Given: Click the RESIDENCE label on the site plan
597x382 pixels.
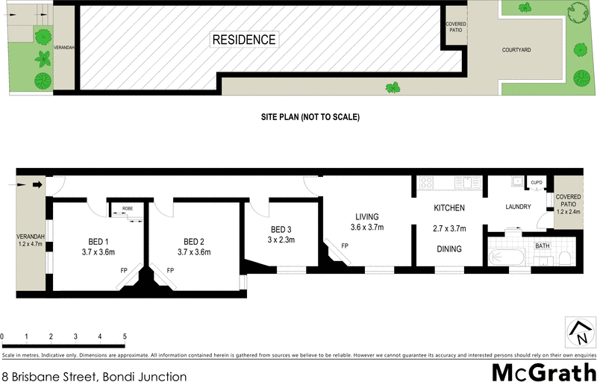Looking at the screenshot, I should [244, 40].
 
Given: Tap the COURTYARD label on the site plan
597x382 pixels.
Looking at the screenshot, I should [515, 49].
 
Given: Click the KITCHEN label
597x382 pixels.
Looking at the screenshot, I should [449, 208].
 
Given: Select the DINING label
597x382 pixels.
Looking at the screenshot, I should [448, 249].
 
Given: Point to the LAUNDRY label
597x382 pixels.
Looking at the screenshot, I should [517, 207].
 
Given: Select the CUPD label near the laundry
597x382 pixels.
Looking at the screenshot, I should [537, 182].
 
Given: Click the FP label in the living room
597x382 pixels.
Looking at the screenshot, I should [344, 245].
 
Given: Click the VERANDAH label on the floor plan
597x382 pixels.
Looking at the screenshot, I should [31, 237].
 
